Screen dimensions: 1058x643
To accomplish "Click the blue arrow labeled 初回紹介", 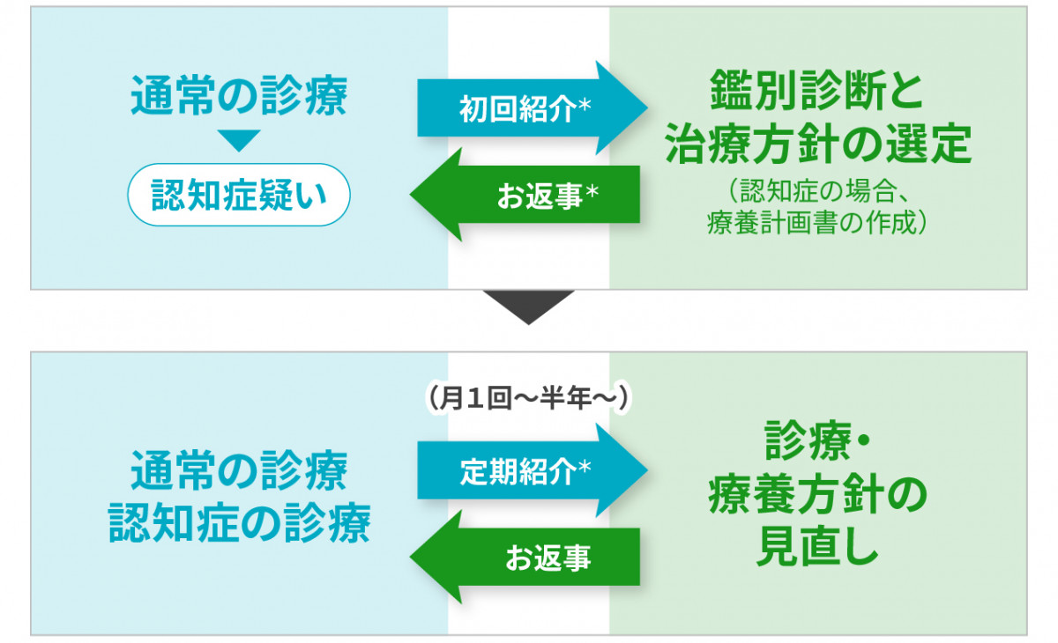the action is [533, 108].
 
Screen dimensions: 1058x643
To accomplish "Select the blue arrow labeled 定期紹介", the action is [533, 470].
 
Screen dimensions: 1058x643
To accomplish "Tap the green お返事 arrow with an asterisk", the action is [525, 195].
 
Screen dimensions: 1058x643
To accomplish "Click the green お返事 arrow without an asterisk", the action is [525, 557].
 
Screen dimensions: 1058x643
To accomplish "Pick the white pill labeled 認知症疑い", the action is [239, 195].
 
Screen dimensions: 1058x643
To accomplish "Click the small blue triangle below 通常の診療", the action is [239, 141].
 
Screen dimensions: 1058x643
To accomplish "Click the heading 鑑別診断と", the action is [816, 90].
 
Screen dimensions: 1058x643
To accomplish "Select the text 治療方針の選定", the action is [817, 144].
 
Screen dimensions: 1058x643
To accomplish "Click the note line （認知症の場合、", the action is [817, 191].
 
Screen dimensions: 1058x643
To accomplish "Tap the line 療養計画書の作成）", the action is [817, 222].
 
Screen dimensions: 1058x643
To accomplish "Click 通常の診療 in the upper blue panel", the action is [239, 95].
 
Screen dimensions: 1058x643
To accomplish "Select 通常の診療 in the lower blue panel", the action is [239, 470].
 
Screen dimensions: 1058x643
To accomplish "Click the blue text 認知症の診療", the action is [240, 522].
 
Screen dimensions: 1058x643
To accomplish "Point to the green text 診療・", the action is [817, 441].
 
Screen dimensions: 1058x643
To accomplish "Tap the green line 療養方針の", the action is [817, 495].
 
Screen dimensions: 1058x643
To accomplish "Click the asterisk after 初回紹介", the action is [585, 104].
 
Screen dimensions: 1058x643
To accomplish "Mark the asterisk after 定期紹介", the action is [585, 467].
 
